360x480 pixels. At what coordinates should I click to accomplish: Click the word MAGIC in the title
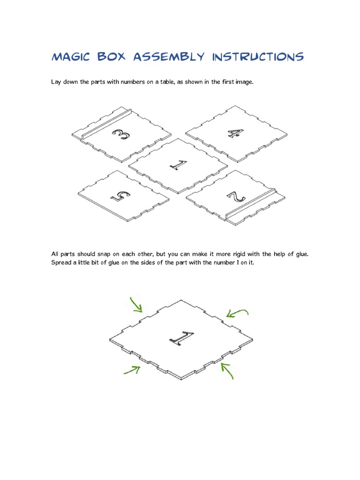[x=71, y=57]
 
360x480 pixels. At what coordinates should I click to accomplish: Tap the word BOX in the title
[x=112, y=57]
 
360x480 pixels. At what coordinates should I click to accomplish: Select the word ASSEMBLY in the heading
[x=169, y=57]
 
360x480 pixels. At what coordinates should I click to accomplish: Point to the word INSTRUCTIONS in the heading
[x=258, y=57]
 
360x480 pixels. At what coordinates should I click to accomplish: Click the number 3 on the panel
[x=121, y=134]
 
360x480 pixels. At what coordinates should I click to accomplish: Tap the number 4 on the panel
[x=236, y=133]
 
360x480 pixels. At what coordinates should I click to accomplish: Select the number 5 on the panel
[x=120, y=196]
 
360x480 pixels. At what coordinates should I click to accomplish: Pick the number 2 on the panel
[x=236, y=196]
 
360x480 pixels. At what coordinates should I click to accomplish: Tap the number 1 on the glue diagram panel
[x=181, y=338]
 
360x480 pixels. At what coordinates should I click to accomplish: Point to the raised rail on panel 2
[x=250, y=203]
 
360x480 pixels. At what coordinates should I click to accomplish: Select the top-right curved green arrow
[x=236, y=312]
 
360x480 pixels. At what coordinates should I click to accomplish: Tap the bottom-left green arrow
[x=132, y=370]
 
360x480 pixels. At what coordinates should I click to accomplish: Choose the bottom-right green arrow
[x=227, y=370]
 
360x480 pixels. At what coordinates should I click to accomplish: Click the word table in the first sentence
[x=167, y=82]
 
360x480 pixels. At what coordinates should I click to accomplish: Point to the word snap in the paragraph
[x=104, y=254]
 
